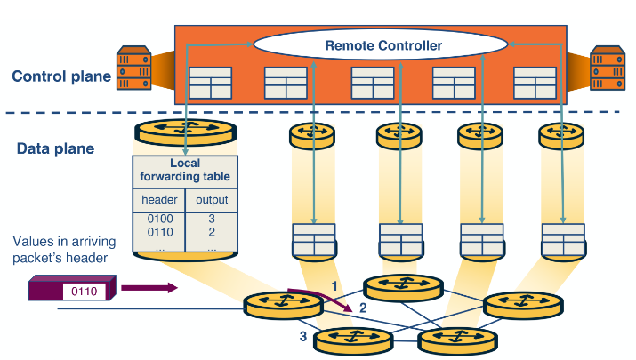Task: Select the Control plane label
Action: point(61,76)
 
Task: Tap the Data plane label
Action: point(55,148)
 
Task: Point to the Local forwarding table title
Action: point(184,169)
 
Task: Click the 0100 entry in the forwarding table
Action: point(158,218)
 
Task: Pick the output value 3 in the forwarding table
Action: point(212,218)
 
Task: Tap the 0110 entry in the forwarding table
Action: point(158,231)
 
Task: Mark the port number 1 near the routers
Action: point(334,285)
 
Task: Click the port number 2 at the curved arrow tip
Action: point(363,308)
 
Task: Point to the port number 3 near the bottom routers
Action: point(302,336)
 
